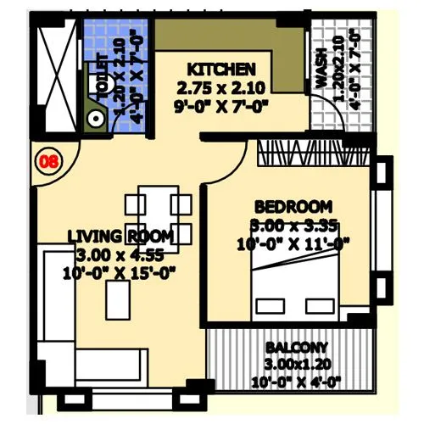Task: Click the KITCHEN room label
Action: tap(221, 69)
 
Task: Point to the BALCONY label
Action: tap(296, 349)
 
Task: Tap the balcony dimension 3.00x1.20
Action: tap(296, 365)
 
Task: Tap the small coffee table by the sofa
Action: tap(114, 298)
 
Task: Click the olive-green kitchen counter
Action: tap(229, 38)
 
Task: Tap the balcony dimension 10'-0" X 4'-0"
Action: tap(296, 382)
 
